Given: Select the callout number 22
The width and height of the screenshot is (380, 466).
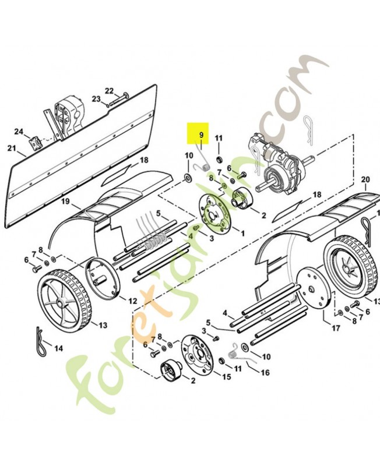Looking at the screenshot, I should tap(109, 90).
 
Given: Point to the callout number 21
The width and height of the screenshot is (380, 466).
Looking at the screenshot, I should tap(12, 149).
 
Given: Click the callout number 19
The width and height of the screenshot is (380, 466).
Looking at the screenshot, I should tap(66, 202).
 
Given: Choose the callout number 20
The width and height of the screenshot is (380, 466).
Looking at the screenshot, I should tap(365, 179).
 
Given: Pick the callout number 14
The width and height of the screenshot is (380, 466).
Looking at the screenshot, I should tap(58, 349).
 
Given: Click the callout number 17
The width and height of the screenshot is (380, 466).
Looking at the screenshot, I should tap(336, 329).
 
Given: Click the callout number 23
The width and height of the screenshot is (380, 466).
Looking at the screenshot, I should tap(96, 100).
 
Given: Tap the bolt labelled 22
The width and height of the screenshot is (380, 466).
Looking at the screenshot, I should tap(125, 97).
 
